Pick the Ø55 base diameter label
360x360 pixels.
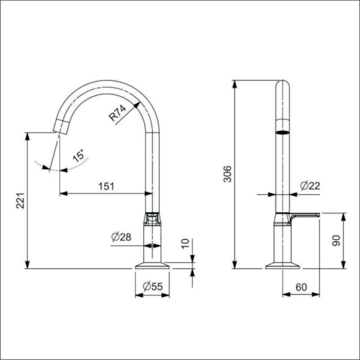(151, 287)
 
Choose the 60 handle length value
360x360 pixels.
(300, 287)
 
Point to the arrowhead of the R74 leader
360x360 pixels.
(138, 103)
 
